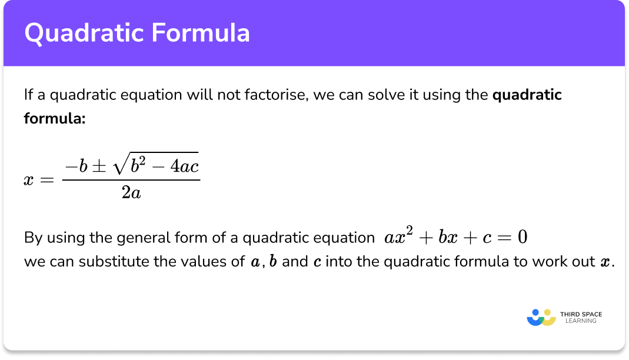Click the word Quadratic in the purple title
point(83,33)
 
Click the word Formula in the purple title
point(202,33)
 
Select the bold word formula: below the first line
point(55,118)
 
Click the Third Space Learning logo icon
point(541,317)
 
